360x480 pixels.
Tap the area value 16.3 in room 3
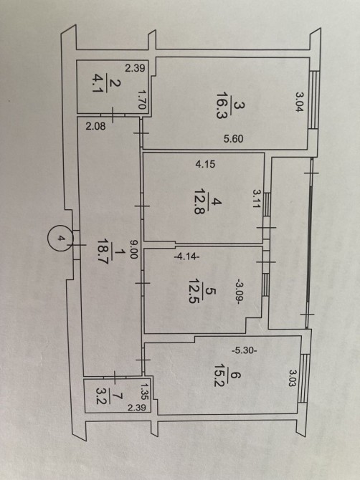pyautogui.click(x=222, y=115)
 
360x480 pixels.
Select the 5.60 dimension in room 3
pyautogui.click(x=233, y=139)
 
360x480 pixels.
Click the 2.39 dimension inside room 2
pyautogui.click(x=135, y=67)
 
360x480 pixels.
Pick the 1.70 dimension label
pyautogui.click(x=141, y=99)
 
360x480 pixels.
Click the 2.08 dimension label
pyautogui.click(x=95, y=126)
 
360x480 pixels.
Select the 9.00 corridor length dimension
pyautogui.click(x=133, y=249)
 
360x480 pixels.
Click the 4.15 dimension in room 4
pyautogui.click(x=205, y=164)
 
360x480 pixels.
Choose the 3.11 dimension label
pyautogui.click(x=256, y=198)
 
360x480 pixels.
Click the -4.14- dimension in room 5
pyautogui.click(x=186, y=257)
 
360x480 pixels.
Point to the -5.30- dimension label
pyautogui.click(x=245, y=350)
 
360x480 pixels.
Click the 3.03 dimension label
pyautogui.click(x=293, y=378)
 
